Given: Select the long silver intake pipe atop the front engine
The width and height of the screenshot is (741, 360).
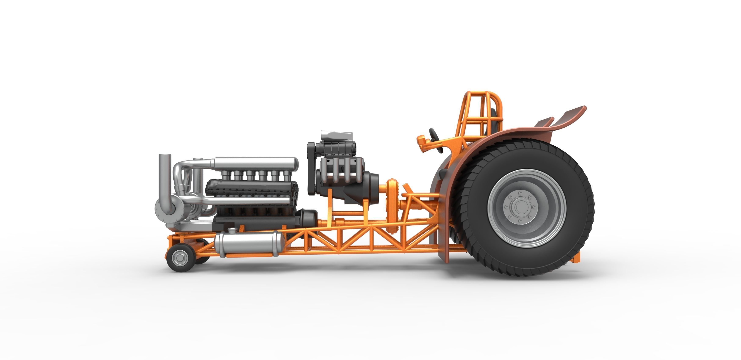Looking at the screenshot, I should click(x=256, y=164).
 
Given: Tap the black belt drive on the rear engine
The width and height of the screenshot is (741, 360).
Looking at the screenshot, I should click(x=311, y=170).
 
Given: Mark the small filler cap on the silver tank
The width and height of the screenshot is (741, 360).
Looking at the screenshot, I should click(x=232, y=230).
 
